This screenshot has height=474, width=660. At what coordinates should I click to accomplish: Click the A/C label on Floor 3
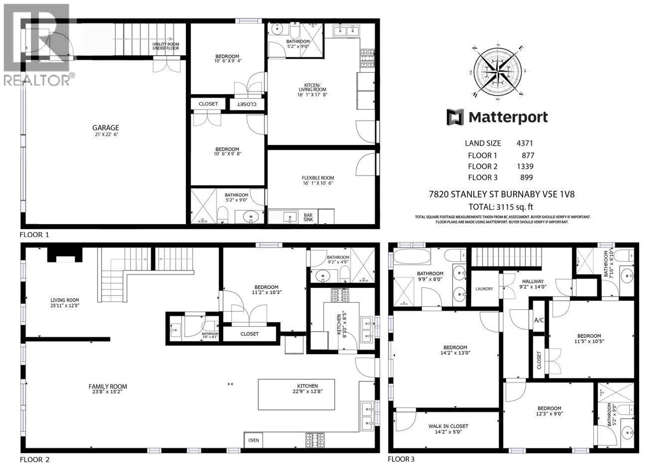point(539,320)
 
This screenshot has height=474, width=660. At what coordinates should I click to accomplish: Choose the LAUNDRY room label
point(484,289)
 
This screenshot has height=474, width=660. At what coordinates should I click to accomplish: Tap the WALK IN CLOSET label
point(448,426)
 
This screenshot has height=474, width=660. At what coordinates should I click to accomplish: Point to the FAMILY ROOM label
point(108,387)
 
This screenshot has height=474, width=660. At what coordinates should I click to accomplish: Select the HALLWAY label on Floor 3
point(532,281)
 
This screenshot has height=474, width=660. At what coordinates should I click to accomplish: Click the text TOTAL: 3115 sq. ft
point(500,207)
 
